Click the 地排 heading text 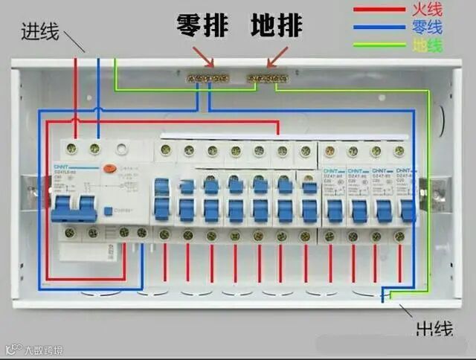[x=276, y=25]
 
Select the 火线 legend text [x=426, y=10]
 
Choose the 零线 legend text [x=426, y=28]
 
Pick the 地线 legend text [x=426, y=46]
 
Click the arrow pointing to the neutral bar [x=203, y=55]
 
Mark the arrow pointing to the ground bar [x=277, y=55]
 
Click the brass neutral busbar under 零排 [x=206, y=77]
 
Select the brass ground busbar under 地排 [x=267, y=77]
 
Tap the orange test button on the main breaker [x=109, y=169]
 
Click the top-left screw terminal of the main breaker [x=73, y=149]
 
